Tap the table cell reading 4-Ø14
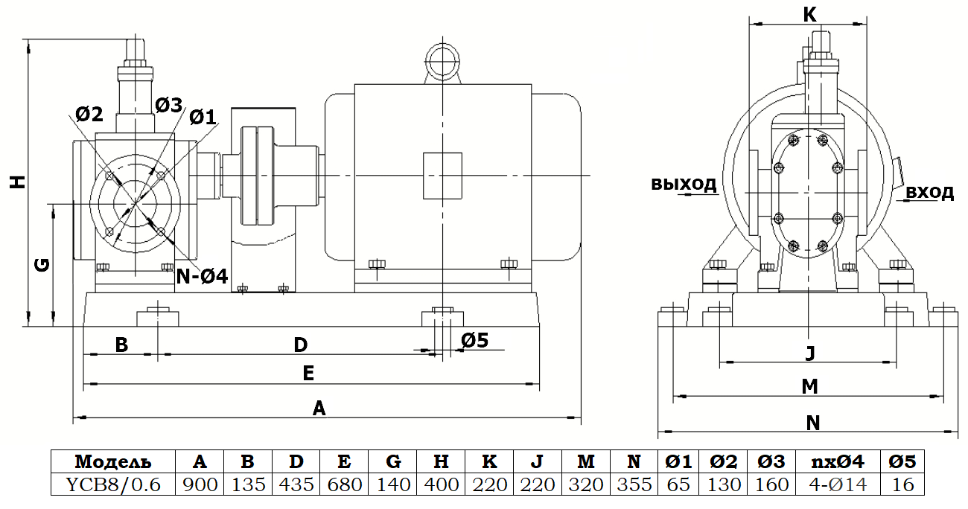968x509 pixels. point(832,484)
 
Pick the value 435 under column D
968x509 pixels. point(296,484)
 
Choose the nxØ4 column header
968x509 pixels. point(832,461)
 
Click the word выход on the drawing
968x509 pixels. point(684,184)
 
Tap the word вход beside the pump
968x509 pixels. point(929,193)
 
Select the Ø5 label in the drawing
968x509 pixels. point(474,340)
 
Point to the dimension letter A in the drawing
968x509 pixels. point(319,408)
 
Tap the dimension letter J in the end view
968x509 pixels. point(810,353)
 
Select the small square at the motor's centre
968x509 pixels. point(442,176)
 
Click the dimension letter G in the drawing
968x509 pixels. point(42,264)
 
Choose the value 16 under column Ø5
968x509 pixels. point(902,484)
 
